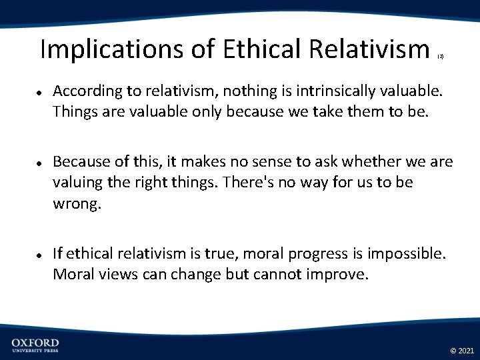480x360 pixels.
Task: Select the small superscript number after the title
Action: [440, 58]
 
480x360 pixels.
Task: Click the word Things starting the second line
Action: [75, 111]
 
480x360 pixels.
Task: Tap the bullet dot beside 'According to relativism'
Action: [41, 91]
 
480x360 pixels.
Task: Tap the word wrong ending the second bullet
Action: [75, 203]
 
